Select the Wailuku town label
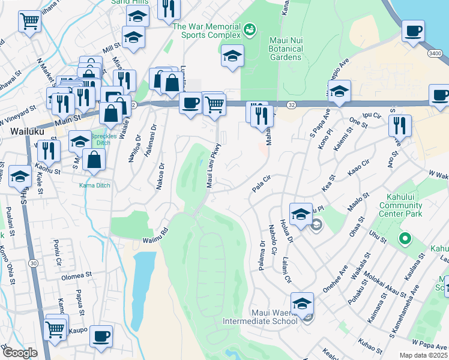point(25,131)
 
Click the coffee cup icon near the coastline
point(413,31)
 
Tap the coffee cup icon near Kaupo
point(101,335)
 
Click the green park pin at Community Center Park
point(405,239)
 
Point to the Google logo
point(19,353)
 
